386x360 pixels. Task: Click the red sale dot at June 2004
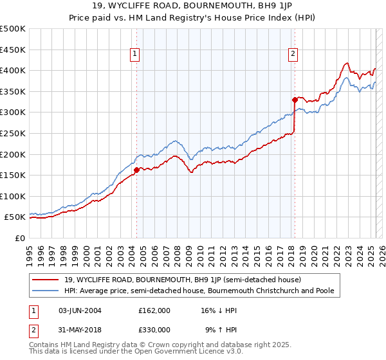(x=136, y=170)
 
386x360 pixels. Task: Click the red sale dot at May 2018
(x=295, y=100)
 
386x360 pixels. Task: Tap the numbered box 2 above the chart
(x=293, y=55)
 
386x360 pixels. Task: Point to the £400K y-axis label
(x=13, y=70)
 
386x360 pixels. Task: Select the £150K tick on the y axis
(x=13, y=175)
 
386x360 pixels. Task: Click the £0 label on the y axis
(x=20, y=238)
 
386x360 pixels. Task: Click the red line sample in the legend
(x=46, y=280)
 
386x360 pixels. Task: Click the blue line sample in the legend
(x=46, y=291)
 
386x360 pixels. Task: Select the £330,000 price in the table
(x=154, y=330)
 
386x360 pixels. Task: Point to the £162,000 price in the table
(x=154, y=310)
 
